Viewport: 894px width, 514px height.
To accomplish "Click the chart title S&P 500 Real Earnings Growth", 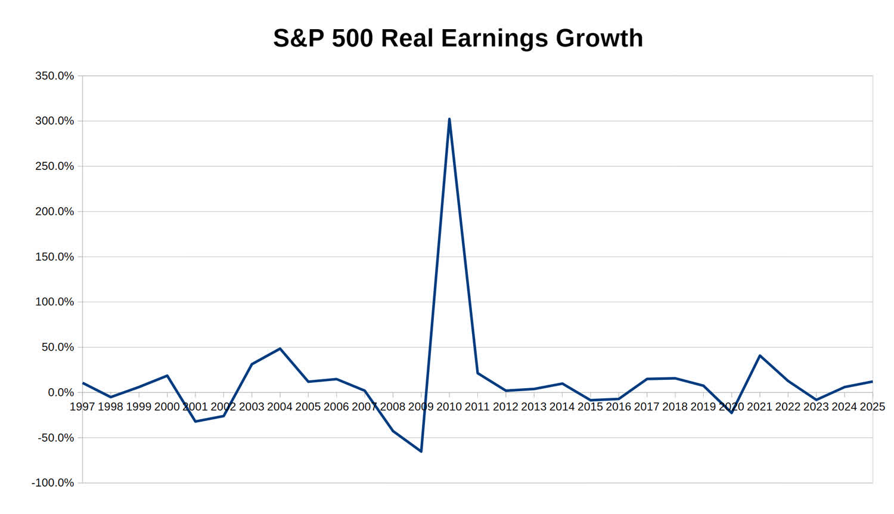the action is click(x=458, y=38).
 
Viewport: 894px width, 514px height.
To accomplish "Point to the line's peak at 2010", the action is click(x=449, y=119).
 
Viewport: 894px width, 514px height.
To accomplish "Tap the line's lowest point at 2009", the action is click(x=421, y=451).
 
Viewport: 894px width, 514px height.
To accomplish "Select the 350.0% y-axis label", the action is click(x=55, y=76).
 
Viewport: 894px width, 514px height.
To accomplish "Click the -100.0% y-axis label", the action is click(x=52, y=483).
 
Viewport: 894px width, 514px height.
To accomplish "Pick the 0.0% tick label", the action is click(x=61, y=392).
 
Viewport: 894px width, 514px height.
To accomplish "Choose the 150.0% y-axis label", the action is click(x=55, y=257).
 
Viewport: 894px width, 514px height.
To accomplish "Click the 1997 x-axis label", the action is click(x=82, y=407).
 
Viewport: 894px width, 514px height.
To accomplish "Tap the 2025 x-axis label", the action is click(x=873, y=407).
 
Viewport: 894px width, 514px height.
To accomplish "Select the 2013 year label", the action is click(x=534, y=407).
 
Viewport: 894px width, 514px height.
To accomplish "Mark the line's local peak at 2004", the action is click(x=280, y=349).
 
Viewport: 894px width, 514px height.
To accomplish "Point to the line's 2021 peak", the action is click(x=760, y=355).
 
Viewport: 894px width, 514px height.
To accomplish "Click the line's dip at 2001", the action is click(x=195, y=422).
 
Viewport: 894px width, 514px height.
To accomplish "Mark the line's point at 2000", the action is click(x=167, y=376).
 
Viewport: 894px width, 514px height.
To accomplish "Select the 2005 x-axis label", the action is click(x=308, y=407).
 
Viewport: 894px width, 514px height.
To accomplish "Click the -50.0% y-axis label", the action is click(x=56, y=438).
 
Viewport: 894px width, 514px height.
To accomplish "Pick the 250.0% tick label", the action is click(x=55, y=166).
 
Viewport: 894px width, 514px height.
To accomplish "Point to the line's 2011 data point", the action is click(x=478, y=373).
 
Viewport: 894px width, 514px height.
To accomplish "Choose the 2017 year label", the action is click(x=647, y=407).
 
